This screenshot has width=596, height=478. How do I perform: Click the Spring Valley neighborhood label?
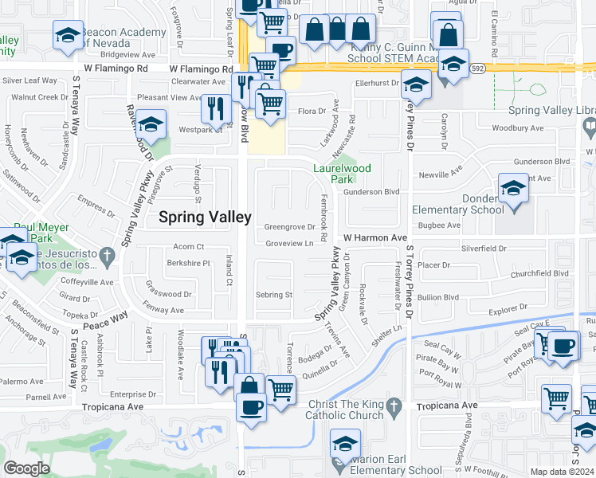click(x=206, y=216)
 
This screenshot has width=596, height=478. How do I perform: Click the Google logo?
click(x=26, y=468)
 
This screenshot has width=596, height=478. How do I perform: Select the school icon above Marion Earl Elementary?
click(x=345, y=444)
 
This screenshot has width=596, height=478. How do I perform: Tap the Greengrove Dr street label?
click(x=289, y=227)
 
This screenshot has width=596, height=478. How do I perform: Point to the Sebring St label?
click(x=274, y=295)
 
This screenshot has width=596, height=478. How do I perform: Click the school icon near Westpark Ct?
click(x=151, y=125)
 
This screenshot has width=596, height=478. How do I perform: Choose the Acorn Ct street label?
click(x=189, y=247)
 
